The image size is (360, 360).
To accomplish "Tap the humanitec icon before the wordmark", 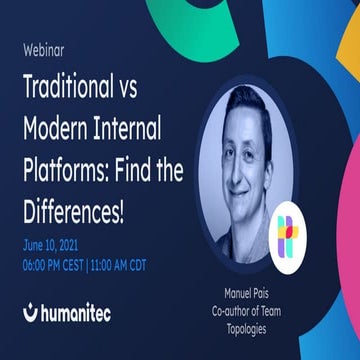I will tap(30, 313).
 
